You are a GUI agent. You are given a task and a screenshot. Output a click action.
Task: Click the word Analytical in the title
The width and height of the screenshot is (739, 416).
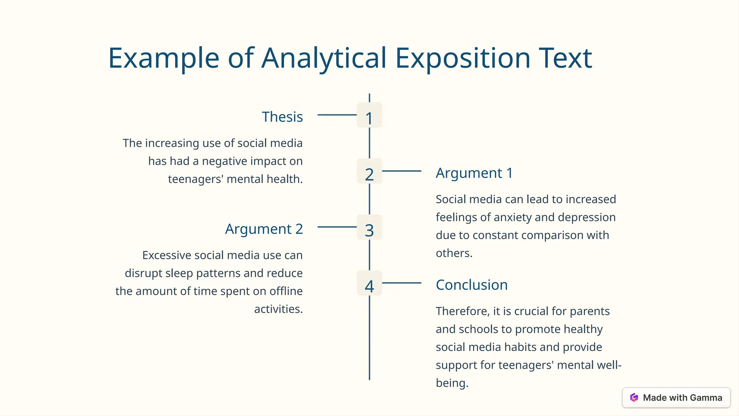point(324,58)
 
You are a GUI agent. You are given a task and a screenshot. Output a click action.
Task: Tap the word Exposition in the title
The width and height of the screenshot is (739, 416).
point(463,58)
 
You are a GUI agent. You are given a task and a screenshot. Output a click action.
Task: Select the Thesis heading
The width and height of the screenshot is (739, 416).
point(282,117)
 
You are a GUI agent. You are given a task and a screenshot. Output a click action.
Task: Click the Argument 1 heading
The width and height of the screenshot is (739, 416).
point(474,173)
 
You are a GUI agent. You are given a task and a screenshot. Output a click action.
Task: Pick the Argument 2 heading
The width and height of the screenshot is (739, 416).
point(264,229)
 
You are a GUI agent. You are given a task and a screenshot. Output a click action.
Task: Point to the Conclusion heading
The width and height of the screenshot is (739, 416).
point(472,285)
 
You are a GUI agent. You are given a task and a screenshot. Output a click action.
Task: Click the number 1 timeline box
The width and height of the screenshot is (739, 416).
point(369,115)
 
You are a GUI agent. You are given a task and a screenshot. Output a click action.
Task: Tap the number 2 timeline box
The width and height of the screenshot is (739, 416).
point(369,171)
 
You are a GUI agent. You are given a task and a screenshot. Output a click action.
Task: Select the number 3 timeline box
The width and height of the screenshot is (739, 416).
point(369,227)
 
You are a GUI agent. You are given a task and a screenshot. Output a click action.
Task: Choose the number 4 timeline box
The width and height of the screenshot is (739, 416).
point(369,283)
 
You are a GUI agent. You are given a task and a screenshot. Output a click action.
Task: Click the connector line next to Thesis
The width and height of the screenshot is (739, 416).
point(337,115)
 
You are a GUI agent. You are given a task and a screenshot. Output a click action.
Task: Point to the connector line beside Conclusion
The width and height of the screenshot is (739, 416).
point(402,283)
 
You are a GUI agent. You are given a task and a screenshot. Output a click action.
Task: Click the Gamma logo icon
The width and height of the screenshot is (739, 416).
point(634,398)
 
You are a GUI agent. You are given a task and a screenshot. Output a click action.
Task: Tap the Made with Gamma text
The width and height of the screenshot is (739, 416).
point(682,398)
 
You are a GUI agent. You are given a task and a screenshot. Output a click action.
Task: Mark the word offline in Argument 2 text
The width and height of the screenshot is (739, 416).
point(286,291)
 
